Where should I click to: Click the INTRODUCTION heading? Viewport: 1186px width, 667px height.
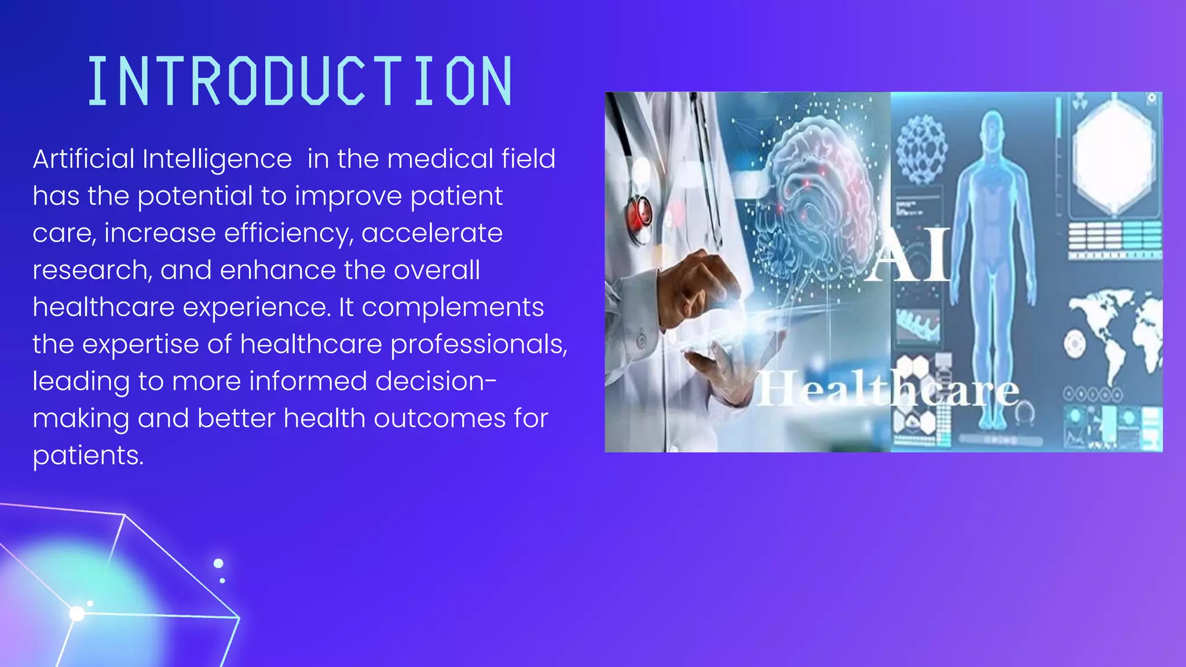pyautogui.click(x=300, y=81)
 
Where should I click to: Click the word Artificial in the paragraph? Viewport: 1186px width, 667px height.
pyautogui.click(x=83, y=159)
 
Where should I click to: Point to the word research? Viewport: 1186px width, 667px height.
pyautogui.click(x=91, y=270)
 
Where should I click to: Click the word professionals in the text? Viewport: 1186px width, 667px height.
pyautogui.click(x=478, y=345)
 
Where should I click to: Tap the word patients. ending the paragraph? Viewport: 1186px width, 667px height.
pyautogui.click(x=87, y=456)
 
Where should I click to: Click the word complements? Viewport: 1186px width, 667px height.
pyautogui.click(x=452, y=307)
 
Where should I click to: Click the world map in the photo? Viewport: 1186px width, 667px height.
pyautogui.click(x=1115, y=330)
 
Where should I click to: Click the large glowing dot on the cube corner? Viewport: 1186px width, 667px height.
pyautogui.click(x=76, y=614)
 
